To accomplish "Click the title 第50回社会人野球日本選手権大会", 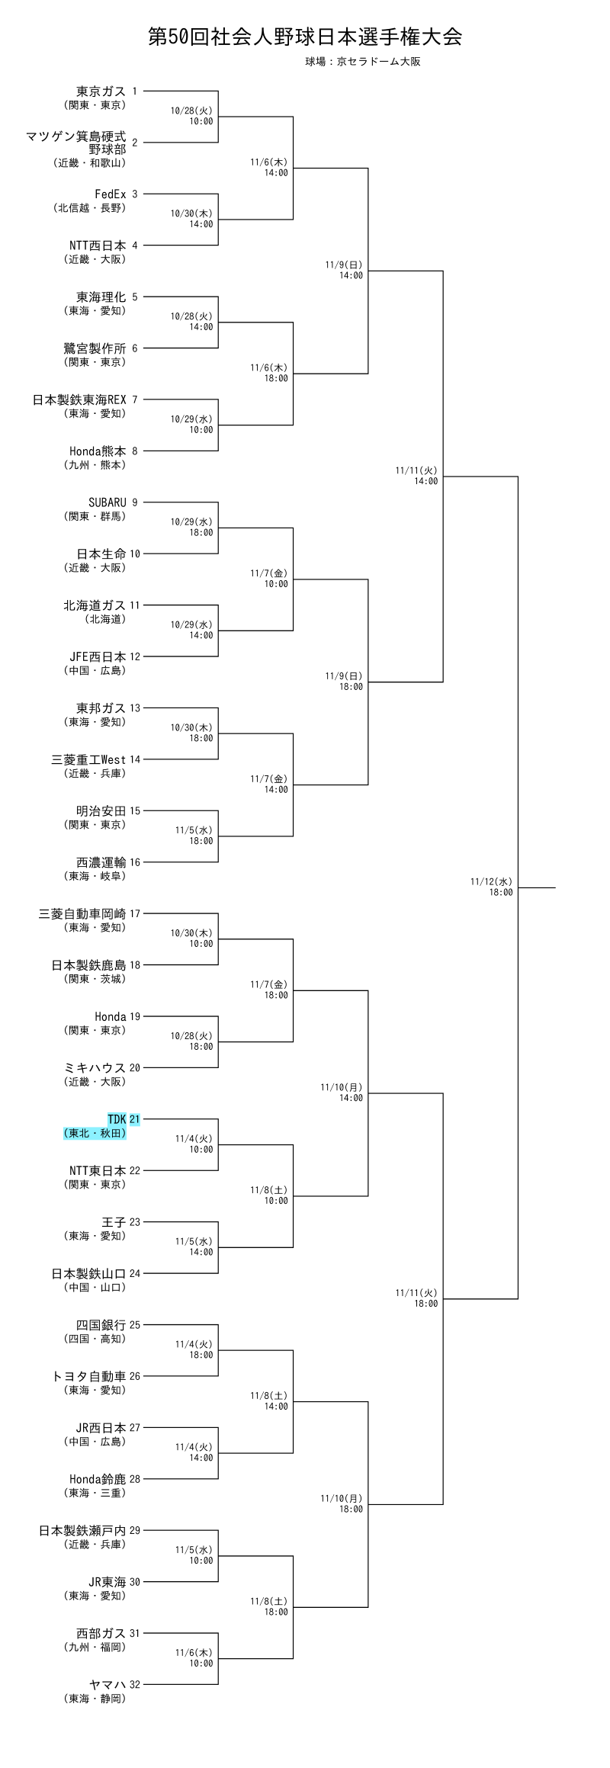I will [305, 37].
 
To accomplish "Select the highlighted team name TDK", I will [117, 1119].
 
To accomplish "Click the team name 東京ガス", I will [101, 91].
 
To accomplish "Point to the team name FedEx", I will [110, 194].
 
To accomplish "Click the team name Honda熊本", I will [97, 451].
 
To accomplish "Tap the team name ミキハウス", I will [95, 1068].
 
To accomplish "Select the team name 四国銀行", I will [101, 1325].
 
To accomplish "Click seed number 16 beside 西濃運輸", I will [135, 862].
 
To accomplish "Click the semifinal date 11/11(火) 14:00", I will [416, 476].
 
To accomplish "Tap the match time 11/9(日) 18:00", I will [344, 681].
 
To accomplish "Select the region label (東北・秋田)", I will [95, 1134].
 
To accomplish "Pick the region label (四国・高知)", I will [95, 1339].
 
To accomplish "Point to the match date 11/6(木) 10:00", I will [194, 1657].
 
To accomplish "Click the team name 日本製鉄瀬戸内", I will [82, 1530].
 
